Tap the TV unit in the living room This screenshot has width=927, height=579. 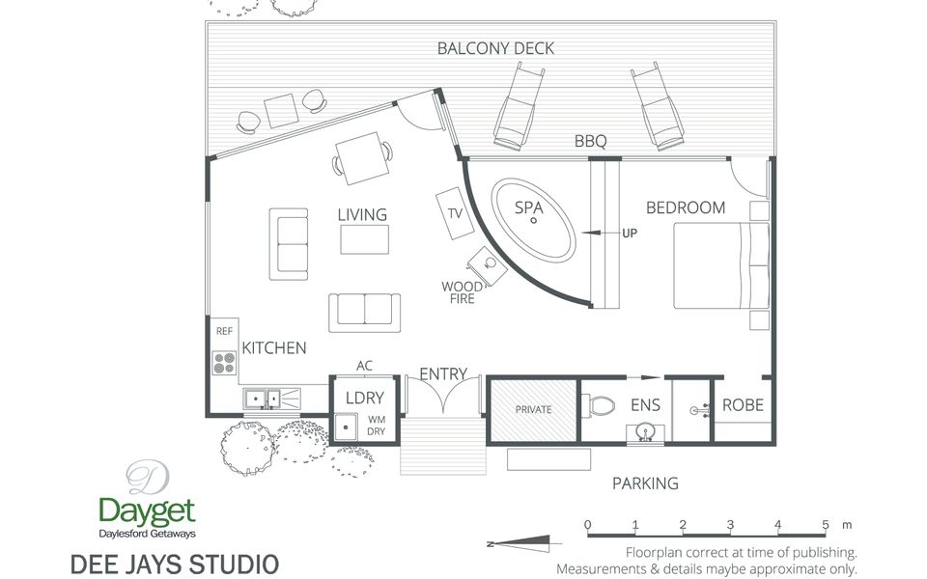(456, 214)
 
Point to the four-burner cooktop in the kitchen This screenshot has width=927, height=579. (224, 363)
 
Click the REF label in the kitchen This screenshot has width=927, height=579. (224, 331)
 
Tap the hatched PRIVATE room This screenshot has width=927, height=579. (533, 409)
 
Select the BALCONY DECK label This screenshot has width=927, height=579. (495, 48)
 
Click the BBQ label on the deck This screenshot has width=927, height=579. (590, 142)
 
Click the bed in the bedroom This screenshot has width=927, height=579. (720, 265)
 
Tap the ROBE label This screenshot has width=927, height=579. (743, 405)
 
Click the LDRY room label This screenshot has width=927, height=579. (364, 398)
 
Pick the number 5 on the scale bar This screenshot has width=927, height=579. (826, 525)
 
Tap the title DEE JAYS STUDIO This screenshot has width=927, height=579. (175, 563)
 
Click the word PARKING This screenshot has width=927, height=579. (645, 483)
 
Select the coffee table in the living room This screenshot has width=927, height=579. (364, 238)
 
